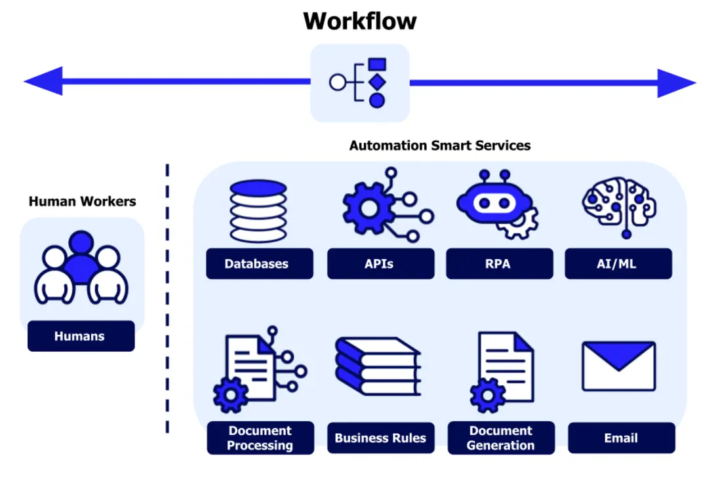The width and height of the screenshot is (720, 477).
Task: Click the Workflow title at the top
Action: coord(359,21)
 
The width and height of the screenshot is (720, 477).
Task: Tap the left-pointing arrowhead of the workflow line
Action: coord(45,82)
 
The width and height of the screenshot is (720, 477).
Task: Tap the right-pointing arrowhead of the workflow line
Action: coord(675,83)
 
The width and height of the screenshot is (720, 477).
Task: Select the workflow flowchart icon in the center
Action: coord(359,83)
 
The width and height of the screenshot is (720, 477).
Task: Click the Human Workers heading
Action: coord(82,201)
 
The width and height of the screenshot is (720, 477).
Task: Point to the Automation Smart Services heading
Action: coord(440,145)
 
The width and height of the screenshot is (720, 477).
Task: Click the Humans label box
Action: coord(81,336)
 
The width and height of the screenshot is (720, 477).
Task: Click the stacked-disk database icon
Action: coord(258,211)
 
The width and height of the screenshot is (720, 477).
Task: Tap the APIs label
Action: coord(380,264)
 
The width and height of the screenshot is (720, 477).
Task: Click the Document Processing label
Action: coord(260,438)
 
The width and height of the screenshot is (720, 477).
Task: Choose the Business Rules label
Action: coord(380,438)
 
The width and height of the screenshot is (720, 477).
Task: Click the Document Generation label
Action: coord(501,438)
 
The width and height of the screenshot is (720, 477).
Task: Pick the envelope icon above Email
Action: coord(618,366)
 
